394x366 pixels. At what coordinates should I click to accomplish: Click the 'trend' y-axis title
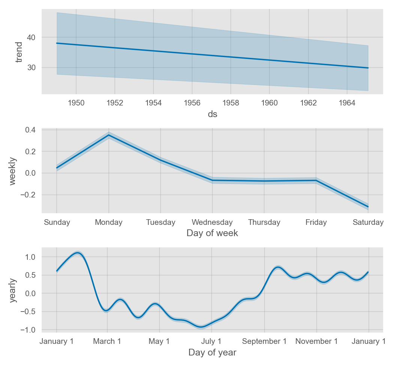coord(19,52)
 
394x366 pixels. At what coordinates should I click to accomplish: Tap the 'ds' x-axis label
coord(212,114)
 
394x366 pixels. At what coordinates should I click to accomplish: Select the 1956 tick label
coord(192,103)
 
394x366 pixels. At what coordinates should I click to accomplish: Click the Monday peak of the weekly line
coord(108,135)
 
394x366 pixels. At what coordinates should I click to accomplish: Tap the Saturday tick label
coord(368,222)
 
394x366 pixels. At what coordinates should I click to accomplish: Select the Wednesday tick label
coord(212,222)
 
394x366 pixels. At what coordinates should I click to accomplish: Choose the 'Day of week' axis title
coord(212,233)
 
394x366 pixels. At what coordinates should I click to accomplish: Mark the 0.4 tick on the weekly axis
coord(30,130)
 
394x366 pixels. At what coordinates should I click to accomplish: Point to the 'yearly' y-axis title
coord(13,290)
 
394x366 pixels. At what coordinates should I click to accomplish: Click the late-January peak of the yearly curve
coord(78,253)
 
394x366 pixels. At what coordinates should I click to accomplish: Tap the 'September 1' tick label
coord(264,341)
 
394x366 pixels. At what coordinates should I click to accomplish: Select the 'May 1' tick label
coord(159,341)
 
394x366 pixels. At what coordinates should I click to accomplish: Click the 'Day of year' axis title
coord(212,352)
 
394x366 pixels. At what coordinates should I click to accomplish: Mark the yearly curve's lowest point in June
coord(202,327)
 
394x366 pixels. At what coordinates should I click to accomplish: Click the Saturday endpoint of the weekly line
coord(368,207)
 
